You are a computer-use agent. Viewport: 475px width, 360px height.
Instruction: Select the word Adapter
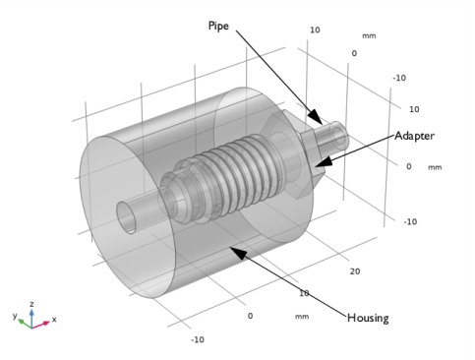click(415, 136)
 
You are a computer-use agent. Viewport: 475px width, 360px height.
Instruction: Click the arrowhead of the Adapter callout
click(318, 163)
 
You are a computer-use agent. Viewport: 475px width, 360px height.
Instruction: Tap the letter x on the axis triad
click(55, 321)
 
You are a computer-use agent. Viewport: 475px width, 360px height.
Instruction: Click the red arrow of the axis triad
click(45, 322)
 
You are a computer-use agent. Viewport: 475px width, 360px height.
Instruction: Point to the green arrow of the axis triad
click(26, 322)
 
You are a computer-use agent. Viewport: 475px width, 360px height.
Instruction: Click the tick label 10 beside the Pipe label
click(315, 30)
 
